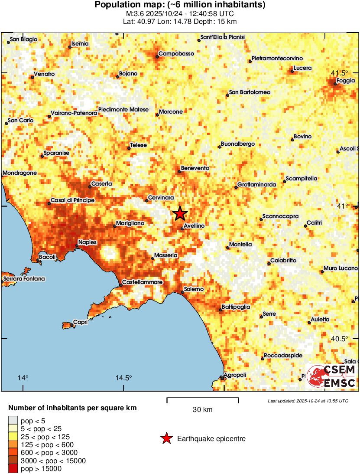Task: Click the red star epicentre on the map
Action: pyautogui.click(x=180, y=213)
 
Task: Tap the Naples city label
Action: pyautogui.click(x=88, y=242)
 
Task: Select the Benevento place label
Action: pyautogui.click(x=195, y=168)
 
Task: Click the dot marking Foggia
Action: pyautogui.click(x=335, y=83)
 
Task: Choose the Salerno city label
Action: pyautogui.click(x=194, y=289)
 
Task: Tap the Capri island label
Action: pyautogui.click(x=81, y=322)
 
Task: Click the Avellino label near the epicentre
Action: pyautogui.click(x=194, y=226)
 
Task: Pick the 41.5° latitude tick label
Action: pyautogui.click(x=340, y=72)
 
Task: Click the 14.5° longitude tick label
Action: pyautogui.click(x=124, y=378)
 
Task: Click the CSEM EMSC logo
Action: pyautogui.click(x=332, y=376)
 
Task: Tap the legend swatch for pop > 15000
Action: pyautogui.click(x=13, y=468)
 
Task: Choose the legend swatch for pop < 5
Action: pyautogui.click(x=13, y=420)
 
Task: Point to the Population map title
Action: pyautogui.click(x=180, y=5)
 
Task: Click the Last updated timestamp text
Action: pyautogui.click(x=308, y=401)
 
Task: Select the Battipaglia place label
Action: pyautogui.click(x=236, y=307)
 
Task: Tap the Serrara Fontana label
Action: pyautogui.click(x=24, y=278)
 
